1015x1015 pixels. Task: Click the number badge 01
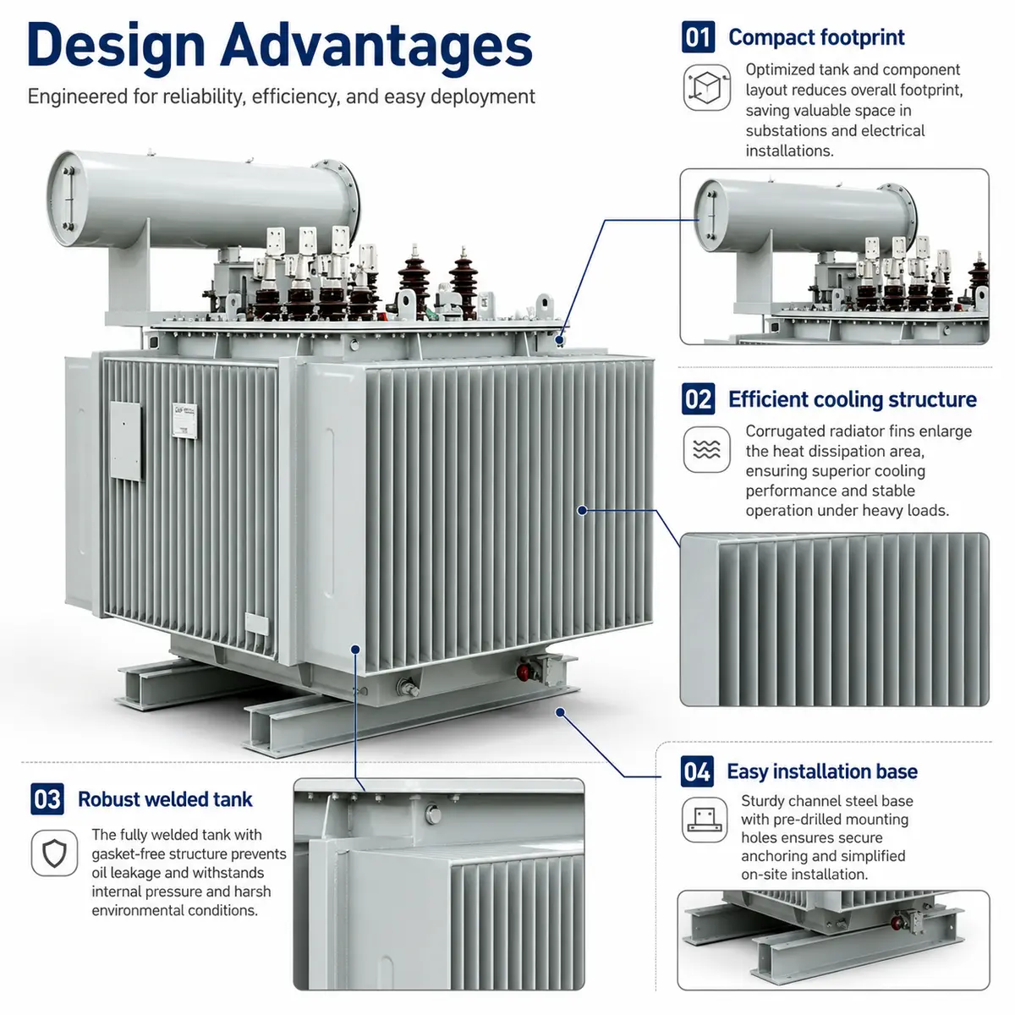(697, 37)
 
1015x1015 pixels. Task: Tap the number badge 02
(697, 398)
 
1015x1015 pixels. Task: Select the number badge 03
(47, 798)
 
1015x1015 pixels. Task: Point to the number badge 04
(696, 771)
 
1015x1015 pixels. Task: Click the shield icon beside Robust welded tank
(54, 853)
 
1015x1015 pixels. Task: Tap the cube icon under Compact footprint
(706, 87)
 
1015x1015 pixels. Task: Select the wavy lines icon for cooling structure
(706, 449)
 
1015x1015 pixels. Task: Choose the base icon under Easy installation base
(705, 820)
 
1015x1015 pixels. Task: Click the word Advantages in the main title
(376, 47)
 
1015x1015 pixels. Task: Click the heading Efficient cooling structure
(852, 399)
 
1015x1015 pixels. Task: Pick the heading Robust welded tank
(165, 799)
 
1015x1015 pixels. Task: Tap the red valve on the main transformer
(523, 672)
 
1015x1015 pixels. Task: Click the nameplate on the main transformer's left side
(185, 420)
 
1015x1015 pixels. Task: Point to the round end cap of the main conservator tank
(67, 199)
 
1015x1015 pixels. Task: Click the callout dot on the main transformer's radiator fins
(581, 510)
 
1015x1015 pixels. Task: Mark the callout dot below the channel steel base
(560, 712)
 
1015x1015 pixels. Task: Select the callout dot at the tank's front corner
(355, 650)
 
